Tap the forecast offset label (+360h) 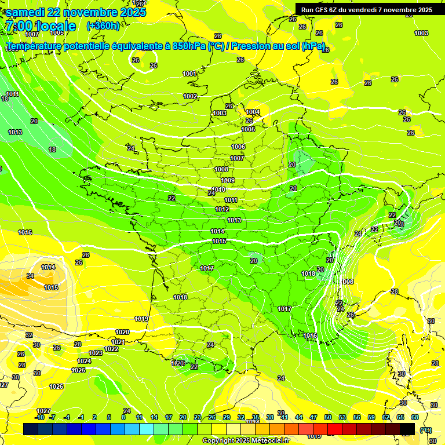(103, 25)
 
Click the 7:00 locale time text (40, 26)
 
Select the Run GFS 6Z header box (366, 9)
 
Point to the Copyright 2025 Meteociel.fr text (245, 440)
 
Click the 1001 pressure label (189, 74)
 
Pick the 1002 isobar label (190, 96)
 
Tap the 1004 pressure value (253, 112)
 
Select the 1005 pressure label (248, 129)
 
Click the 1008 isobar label (221, 169)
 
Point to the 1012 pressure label (222, 209)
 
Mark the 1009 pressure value (228, 181)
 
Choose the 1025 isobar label (78, 370)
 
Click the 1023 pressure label (96, 353)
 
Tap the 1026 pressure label (56, 386)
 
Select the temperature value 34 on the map (30, 276)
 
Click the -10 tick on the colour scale (39, 417)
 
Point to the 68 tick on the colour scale (415, 417)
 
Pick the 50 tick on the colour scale (328, 417)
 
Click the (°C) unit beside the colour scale (426, 430)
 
